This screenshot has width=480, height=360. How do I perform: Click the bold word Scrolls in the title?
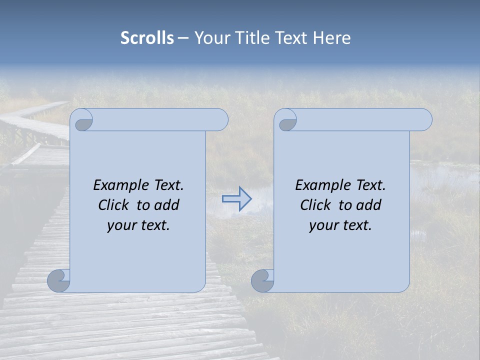click(147, 38)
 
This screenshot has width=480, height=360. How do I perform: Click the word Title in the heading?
click(251, 38)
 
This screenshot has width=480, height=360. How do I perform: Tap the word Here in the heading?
click(332, 38)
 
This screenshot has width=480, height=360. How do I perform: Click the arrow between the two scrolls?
click(236, 198)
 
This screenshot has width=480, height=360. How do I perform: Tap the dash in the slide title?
click(183, 38)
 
